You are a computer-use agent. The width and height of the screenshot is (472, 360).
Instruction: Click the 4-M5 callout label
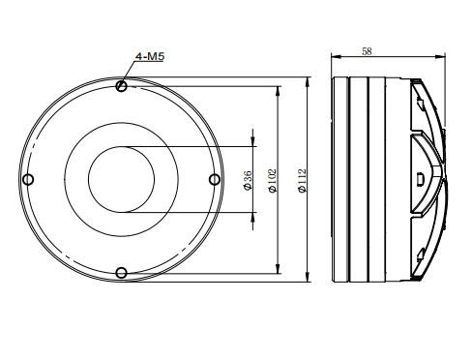(x=150, y=56)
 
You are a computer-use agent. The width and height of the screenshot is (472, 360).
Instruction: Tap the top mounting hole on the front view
(x=121, y=86)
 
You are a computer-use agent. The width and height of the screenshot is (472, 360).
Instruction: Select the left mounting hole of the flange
(x=28, y=179)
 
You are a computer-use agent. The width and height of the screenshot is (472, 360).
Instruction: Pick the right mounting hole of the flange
(x=215, y=179)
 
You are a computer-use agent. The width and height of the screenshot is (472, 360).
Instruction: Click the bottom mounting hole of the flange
(x=121, y=273)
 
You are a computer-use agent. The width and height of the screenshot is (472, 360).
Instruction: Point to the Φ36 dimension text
(x=248, y=180)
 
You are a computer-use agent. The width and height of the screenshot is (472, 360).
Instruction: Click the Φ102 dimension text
(x=273, y=181)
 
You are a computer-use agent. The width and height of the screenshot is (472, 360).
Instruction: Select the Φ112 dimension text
(x=302, y=181)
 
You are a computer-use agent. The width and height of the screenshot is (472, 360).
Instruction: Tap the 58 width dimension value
(x=367, y=51)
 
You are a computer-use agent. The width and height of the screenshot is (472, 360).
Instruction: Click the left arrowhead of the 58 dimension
(x=337, y=57)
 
